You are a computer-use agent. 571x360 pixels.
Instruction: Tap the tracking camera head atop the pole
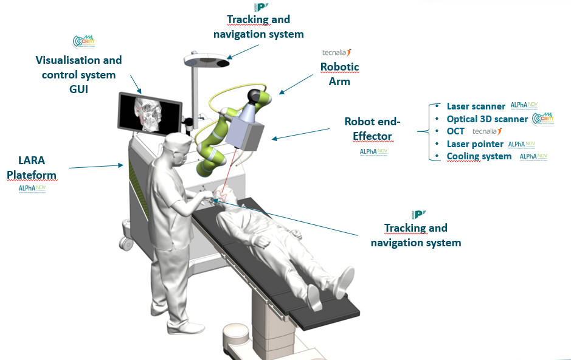[207, 60]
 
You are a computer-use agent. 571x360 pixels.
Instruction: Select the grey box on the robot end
[246, 130]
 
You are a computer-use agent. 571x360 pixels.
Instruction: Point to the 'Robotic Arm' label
[340, 74]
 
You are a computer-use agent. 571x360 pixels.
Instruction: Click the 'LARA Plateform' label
[31, 167]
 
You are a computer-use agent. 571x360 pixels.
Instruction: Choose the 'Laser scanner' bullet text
[476, 106]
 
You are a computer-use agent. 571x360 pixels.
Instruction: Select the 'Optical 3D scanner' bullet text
[487, 119]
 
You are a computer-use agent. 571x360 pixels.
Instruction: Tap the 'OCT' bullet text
[455, 131]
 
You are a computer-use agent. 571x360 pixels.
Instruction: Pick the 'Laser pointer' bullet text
[475, 144]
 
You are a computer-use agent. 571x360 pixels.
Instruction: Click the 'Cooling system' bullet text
[479, 156]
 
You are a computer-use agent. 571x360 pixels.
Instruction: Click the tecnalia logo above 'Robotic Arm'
[337, 54]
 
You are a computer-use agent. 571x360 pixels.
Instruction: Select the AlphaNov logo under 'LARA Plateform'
[32, 189]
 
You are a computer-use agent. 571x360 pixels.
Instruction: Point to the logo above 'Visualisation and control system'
[84, 42]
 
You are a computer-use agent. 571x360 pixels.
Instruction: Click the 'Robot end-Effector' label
[369, 129]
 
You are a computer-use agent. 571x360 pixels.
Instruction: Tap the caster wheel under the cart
[126, 243]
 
